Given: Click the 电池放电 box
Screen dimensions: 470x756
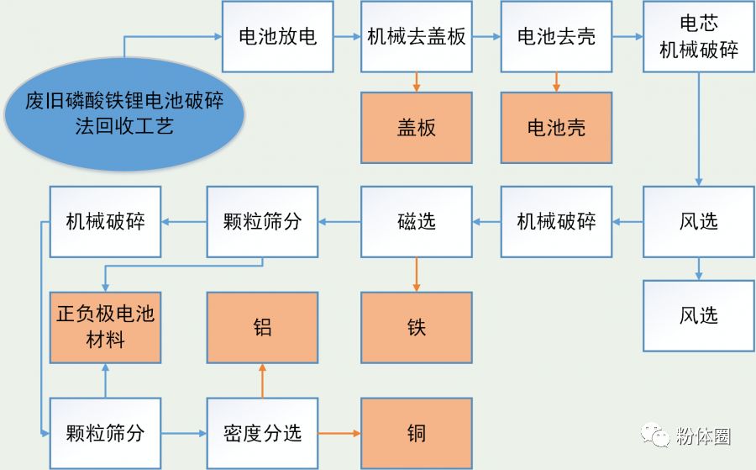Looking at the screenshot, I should pyautogui.click(x=277, y=37).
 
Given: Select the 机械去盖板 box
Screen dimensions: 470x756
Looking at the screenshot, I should pyautogui.click(x=417, y=37).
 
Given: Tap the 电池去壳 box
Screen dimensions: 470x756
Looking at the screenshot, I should pyautogui.click(x=556, y=37).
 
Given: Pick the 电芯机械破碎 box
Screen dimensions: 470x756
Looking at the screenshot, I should pyautogui.click(x=698, y=37).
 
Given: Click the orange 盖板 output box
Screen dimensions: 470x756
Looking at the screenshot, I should pyautogui.click(x=417, y=127).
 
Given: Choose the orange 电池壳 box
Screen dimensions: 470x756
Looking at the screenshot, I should pyautogui.click(x=556, y=127).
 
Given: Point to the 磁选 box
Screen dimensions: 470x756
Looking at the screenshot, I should pyautogui.click(x=417, y=222).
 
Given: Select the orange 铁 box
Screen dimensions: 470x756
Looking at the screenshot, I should pyautogui.click(x=417, y=327).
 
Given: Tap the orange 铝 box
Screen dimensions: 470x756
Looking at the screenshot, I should pyautogui.click(x=263, y=327).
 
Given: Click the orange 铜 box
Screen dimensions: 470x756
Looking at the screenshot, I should pyautogui.click(x=417, y=433).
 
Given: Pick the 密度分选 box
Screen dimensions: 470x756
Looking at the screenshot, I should pyautogui.click(x=263, y=433).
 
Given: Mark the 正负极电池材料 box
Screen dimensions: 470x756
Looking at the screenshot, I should pyautogui.click(x=105, y=327).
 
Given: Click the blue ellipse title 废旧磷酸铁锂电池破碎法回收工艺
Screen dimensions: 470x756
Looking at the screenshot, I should pyautogui.click(x=125, y=115).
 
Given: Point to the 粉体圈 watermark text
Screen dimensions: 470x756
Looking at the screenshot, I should pyautogui.click(x=703, y=436).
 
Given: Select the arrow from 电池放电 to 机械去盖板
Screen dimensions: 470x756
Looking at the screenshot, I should pyautogui.click(x=346, y=37).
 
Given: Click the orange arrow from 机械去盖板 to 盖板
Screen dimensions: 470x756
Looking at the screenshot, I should pyautogui.click(x=417, y=82).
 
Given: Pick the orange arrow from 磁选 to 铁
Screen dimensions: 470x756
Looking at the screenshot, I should pyautogui.click(x=417, y=274).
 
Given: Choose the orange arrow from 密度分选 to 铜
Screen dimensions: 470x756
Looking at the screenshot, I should pyautogui.click(x=339, y=433).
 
